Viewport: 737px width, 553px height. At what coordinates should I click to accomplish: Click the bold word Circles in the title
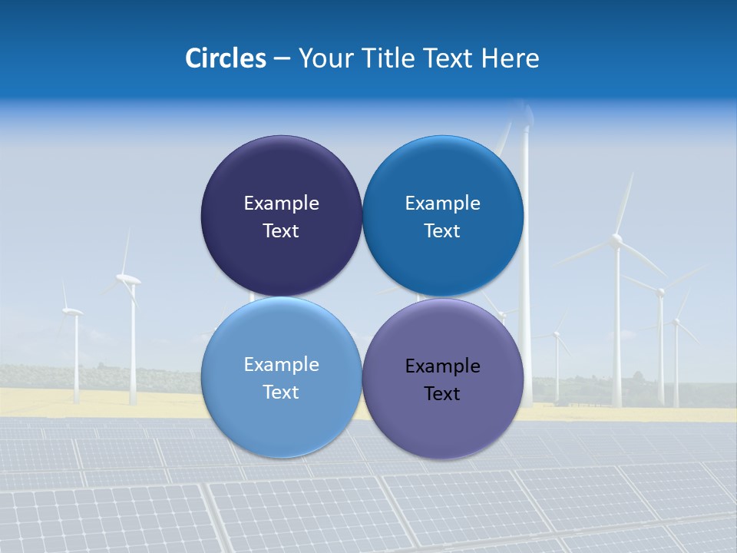[225, 58]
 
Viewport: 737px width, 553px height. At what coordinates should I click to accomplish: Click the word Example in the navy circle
[281, 204]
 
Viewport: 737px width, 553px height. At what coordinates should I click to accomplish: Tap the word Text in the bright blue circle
[442, 231]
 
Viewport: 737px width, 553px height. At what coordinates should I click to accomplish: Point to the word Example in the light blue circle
[281, 365]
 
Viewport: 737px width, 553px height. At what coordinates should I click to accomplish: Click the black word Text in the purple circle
[442, 394]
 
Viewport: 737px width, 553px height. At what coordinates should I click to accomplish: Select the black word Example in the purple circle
[442, 366]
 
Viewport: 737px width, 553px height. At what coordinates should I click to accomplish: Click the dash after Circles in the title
[282, 59]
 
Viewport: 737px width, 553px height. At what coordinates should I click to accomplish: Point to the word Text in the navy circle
[281, 231]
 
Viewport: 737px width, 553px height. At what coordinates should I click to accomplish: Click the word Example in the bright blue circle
[442, 204]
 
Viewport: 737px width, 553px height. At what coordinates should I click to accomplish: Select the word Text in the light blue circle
[281, 392]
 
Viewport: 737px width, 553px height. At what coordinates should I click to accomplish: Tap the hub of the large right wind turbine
[616, 240]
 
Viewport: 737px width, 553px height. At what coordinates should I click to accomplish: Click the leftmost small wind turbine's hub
[73, 312]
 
